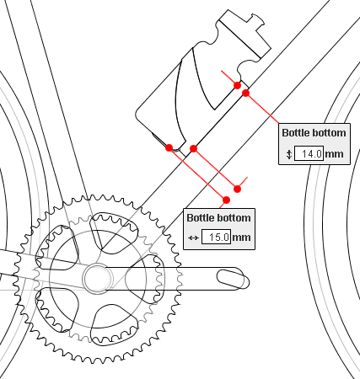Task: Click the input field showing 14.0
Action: point(309,153)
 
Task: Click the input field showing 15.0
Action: point(216,237)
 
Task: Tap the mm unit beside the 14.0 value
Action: point(334,154)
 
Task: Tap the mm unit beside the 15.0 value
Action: point(242,238)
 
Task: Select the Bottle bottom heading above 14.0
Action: point(314,133)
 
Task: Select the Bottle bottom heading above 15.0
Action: point(218,218)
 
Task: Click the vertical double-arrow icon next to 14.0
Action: point(289,154)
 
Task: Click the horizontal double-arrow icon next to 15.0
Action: point(193,238)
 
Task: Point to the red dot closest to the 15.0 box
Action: point(226,200)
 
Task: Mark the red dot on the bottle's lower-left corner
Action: point(169,147)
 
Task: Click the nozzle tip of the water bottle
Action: point(258,19)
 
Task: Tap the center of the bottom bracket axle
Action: point(97,278)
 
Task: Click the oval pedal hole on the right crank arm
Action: point(233,279)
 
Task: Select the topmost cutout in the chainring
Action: point(114,233)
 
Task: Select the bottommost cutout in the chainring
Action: point(114,324)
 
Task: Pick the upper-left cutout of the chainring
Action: point(56,248)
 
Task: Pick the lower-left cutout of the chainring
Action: point(56,310)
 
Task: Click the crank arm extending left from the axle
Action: point(42,269)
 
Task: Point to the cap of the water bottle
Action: point(244,33)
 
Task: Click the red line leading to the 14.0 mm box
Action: point(262,108)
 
